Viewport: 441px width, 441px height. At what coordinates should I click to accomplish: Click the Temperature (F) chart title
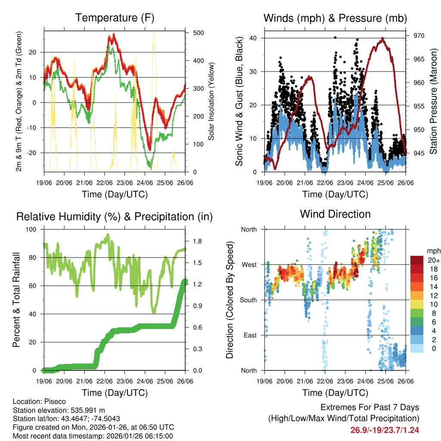115,18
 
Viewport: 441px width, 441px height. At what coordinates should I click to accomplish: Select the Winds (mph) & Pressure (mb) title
335,18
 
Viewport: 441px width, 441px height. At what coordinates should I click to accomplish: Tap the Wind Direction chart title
335,214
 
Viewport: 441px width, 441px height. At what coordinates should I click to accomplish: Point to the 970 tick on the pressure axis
419,36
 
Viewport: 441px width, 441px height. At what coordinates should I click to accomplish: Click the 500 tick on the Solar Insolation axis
193,33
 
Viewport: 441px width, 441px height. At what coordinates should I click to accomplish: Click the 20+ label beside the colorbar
433,260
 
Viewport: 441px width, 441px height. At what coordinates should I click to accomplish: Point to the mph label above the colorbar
433,251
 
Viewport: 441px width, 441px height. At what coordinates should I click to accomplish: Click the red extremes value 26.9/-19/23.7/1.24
385,430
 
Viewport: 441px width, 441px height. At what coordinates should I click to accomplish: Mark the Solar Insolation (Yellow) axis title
211,102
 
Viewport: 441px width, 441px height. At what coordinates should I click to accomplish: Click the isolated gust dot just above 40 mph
335,37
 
